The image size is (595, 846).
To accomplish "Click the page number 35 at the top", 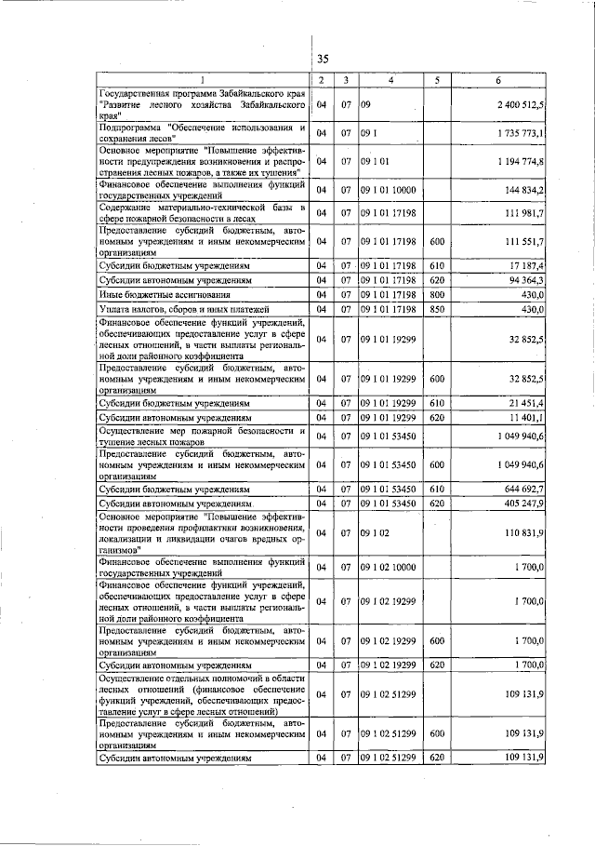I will pos(323,59).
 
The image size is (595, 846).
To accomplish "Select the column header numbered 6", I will pos(498,80).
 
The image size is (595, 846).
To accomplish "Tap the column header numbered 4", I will pos(390,80).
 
